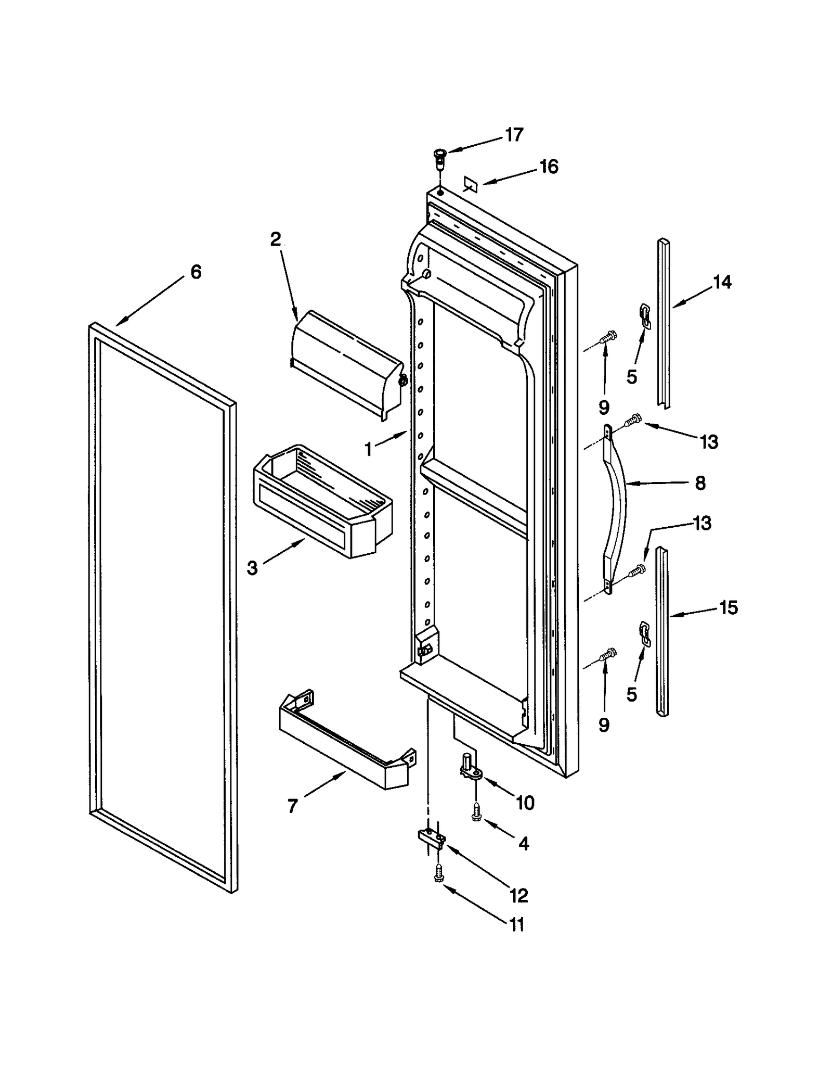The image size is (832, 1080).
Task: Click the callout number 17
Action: (x=514, y=135)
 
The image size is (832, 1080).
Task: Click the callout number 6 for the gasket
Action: (x=196, y=271)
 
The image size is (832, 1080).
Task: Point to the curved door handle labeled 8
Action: (x=617, y=507)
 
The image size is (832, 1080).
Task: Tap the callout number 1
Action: (x=369, y=449)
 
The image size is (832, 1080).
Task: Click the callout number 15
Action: (x=729, y=607)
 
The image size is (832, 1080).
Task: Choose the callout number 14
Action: (x=722, y=282)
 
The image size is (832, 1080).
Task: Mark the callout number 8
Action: (x=700, y=483)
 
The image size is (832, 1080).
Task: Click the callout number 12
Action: (x=518, y=895)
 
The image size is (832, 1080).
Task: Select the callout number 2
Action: (x=276, y=239)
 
